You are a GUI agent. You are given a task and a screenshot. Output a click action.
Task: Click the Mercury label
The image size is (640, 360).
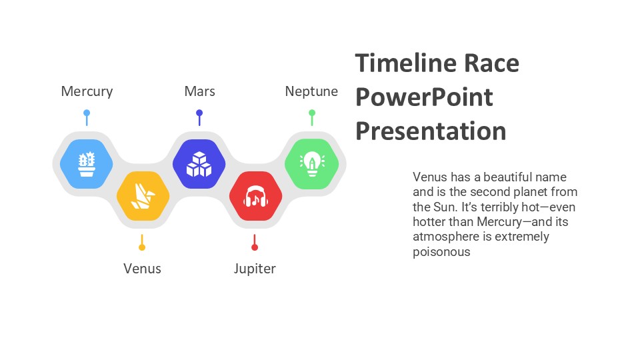coord(87,91)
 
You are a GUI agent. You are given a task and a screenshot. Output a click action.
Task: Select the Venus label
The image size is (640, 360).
coord(142,269)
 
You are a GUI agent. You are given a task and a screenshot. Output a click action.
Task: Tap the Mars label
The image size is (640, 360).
coord(199,91)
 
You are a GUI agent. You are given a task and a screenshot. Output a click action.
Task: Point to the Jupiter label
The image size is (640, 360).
coord(255,269)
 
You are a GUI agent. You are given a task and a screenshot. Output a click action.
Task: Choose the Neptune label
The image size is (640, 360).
coord(311,91)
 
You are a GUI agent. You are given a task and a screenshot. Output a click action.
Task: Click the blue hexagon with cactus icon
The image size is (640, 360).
coord(86,163)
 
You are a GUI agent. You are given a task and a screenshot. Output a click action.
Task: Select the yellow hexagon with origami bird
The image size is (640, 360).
coord(143,196)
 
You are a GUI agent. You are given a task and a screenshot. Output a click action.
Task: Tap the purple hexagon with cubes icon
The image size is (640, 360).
coord(199,163)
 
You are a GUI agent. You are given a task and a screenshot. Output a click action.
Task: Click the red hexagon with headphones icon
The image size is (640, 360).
coord(255,196)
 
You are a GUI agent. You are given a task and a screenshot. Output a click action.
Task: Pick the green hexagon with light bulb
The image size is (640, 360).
coord(311,163)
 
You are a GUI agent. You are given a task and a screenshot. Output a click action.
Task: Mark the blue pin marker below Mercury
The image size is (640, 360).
coord(86,117)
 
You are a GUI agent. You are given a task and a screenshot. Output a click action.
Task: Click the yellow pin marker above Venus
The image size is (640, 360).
coord(142,243)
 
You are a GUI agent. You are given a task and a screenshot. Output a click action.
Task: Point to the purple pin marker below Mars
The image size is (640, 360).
coord(199,117)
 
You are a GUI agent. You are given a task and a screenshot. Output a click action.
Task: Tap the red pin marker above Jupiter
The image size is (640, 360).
coord(255,243)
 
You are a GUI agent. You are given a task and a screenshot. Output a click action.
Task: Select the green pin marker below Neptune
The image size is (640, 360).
coord(311,117)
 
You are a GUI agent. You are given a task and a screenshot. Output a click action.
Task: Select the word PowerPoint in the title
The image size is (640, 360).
coord(424,97)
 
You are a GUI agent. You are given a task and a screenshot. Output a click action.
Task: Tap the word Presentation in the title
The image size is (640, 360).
coord(431,131)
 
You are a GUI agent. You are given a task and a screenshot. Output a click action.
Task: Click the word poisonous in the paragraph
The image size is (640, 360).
coord(441,252)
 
